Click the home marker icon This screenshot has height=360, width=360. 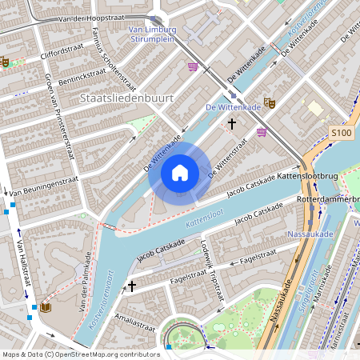click(x=180, y=172)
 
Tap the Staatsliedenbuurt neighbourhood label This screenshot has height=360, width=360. click(x=126, y=97)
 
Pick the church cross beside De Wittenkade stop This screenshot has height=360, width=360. click(x=233, y=124)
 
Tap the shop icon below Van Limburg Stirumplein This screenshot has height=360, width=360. click(x=192, y=67)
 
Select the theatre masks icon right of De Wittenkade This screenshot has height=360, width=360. click(x=270, y=103)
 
